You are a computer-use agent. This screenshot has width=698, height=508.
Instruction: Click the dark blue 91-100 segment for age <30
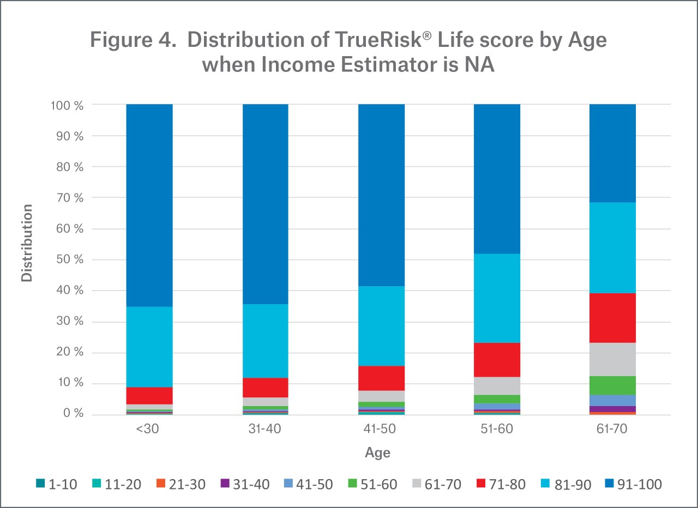pos(149,205)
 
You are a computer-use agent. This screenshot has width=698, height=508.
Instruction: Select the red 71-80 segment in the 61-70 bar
pos(612,318)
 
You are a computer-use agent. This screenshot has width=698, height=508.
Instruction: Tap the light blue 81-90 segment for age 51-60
pos(497,298)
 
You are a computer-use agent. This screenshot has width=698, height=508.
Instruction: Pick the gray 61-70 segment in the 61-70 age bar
pos(612,359)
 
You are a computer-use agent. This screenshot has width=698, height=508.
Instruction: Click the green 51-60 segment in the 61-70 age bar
pos(612,385)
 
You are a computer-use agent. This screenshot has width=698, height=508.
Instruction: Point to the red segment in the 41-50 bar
pos(381,378)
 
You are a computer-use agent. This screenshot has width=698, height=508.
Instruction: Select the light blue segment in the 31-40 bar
pos(265,341)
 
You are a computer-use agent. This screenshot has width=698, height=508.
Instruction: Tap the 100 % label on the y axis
pos(68,105)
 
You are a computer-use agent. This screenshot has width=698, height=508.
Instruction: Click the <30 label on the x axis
pos(149,429)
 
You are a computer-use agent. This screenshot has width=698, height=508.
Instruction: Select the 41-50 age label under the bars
pos(381,429)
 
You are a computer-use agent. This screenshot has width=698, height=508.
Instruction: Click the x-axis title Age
pos(378,453)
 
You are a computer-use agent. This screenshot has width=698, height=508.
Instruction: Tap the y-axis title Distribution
pos(27,243)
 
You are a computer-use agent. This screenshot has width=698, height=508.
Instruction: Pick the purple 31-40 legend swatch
pos(224,483)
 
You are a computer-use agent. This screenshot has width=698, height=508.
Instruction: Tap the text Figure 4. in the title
pos(135,41)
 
